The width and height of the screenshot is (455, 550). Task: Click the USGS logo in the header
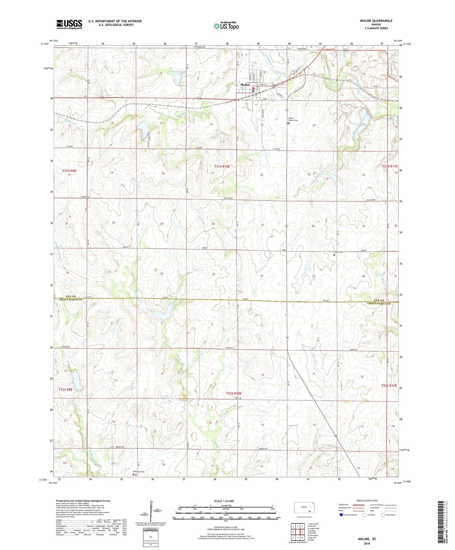(x=69, y=24)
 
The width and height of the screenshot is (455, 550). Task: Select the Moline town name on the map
(x=245, y=85)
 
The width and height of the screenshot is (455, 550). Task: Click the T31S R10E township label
(x=222, y=167)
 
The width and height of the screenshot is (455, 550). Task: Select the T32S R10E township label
(x=234, y=393)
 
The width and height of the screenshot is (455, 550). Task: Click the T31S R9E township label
(x=69, y=171)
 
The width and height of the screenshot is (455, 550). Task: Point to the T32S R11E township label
(x=389, y=385)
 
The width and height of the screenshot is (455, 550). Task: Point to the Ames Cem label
(x=338, y=252)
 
